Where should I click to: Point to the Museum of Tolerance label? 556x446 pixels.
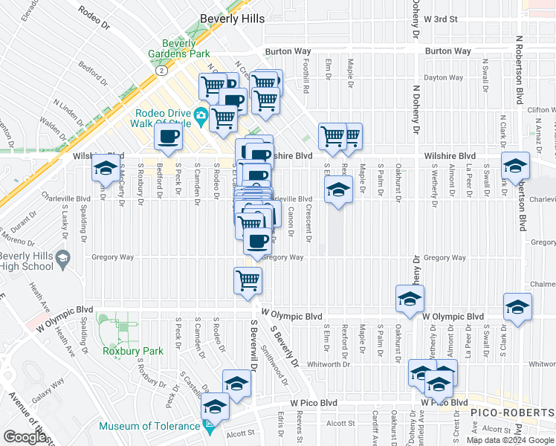click(150, 426)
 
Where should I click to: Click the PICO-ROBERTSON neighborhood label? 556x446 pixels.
click(511, 411)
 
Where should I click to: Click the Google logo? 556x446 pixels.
click(24, 437)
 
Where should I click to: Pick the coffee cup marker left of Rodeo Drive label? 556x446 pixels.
click(168, 137)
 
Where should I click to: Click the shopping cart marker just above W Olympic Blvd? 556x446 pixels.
click(248, 280)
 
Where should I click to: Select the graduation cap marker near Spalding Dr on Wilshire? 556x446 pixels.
click(106, 169)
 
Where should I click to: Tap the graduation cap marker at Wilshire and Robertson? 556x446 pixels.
click(515, 165)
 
